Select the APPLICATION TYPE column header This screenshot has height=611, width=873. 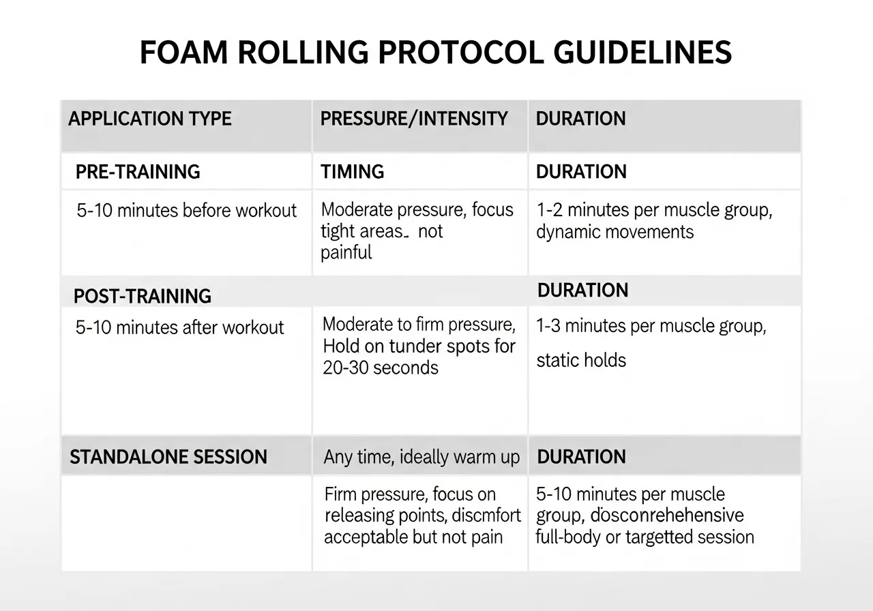[x=150, y=119]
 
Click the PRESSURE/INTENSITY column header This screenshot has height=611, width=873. [x=414, y=119]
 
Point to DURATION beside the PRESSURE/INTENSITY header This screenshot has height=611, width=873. [x=580, y=119]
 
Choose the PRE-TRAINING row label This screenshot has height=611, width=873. [x=138, y=171]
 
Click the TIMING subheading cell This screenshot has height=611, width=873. [x=352, y=171]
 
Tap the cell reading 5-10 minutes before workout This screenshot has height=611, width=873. [x=187, y=210]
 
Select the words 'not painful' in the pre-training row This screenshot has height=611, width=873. [x=382, y=242]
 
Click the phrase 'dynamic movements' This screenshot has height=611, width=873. [x=615, y=232]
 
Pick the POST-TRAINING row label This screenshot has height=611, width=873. [x=142, y=296]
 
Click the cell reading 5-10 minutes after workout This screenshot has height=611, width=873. [x=179, y=327]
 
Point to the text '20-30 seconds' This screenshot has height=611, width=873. [x=381, y=368]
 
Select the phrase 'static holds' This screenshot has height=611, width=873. [x=581, y=359]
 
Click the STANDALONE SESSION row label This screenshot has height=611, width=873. [x=168, y=456]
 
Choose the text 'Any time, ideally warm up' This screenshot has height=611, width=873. [x=421, y=457]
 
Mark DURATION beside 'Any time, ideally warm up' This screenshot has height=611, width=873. [x=581, y=456]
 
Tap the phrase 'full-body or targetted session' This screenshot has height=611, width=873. [x=645, y=537]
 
